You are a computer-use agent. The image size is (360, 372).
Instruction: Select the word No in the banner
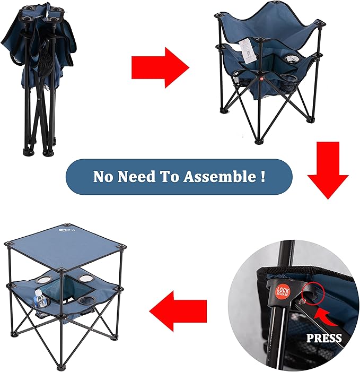tap(104, 177)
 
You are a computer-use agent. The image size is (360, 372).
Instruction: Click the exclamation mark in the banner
tap(263, 176)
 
